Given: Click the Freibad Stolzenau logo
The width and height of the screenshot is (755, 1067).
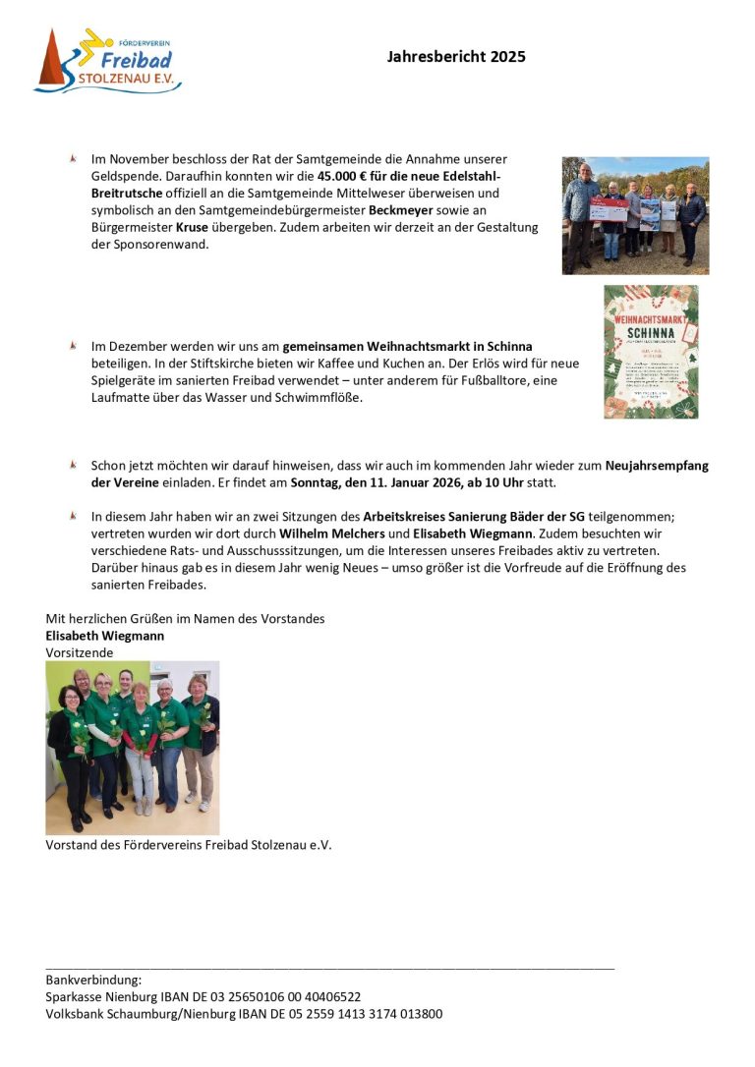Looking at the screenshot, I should tap(108, 61).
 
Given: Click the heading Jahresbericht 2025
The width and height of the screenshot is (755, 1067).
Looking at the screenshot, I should tap(456, 57).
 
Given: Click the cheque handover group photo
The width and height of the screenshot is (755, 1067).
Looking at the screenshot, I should tap(635, 215).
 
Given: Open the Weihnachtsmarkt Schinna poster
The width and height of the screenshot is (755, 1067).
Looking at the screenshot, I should tap(651, 352).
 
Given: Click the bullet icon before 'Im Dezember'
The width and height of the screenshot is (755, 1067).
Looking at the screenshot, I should tap(73, 346).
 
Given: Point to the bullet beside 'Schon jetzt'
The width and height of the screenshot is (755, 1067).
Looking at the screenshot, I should tap(73, 465).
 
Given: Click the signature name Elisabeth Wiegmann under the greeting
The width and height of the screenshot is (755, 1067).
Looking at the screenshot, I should tap(105, 636).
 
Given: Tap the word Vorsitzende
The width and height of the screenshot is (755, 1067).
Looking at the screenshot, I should tap(80, 652).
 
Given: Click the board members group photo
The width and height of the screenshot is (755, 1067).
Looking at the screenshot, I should tap(133, 748).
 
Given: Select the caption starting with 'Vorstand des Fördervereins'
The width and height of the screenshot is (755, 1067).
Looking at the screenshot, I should tap(189, 845).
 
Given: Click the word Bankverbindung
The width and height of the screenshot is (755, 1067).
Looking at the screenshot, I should tap(94, 980).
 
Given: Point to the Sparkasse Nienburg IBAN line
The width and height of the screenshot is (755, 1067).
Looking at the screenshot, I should tap(203, 996).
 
